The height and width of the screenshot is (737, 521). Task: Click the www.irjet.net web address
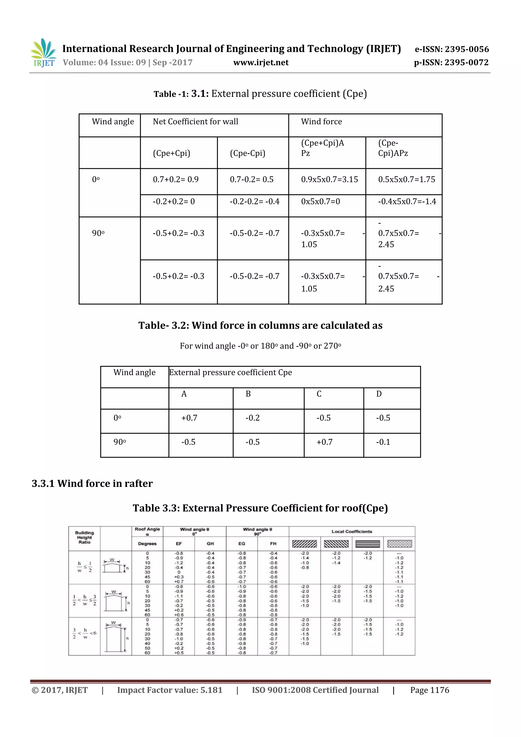261,63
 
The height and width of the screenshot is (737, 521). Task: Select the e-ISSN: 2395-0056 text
452,49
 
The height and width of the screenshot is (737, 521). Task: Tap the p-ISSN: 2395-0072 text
451,63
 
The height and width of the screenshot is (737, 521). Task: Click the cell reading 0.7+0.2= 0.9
176,179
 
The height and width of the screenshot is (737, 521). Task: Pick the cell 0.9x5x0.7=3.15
329,179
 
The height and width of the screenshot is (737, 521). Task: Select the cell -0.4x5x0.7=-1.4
407,201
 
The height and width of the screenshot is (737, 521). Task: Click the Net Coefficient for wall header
195,122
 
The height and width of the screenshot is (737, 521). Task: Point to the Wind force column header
321,122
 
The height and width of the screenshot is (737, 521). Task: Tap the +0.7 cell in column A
189,418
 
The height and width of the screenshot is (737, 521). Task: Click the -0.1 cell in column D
383,442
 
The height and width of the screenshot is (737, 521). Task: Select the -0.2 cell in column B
252,418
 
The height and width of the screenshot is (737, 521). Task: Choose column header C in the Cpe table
319,394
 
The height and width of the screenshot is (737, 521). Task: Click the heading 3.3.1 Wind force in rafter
92,483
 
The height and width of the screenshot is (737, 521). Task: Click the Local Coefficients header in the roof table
352,531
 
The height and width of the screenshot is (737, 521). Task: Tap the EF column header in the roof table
179,544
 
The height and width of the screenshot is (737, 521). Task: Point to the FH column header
273,544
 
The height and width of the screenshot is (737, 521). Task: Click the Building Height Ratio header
84,537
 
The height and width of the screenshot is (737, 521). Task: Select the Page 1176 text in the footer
429,690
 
